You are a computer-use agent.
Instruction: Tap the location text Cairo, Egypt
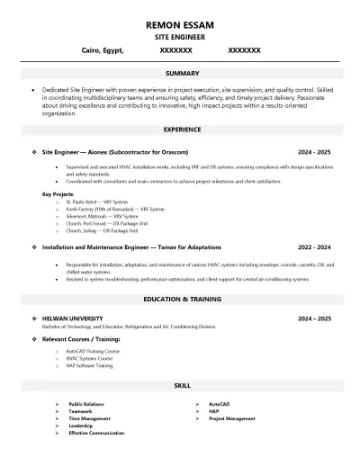(x=102, y=51)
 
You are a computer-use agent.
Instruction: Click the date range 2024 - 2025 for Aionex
(x=315, y=153)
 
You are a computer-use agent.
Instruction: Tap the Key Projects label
(x=58, y=193)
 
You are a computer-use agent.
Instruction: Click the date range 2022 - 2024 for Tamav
(x=315, y=246)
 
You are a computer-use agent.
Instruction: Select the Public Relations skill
(x=88, y=405)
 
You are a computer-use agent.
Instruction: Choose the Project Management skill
(x=230, y=418)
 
